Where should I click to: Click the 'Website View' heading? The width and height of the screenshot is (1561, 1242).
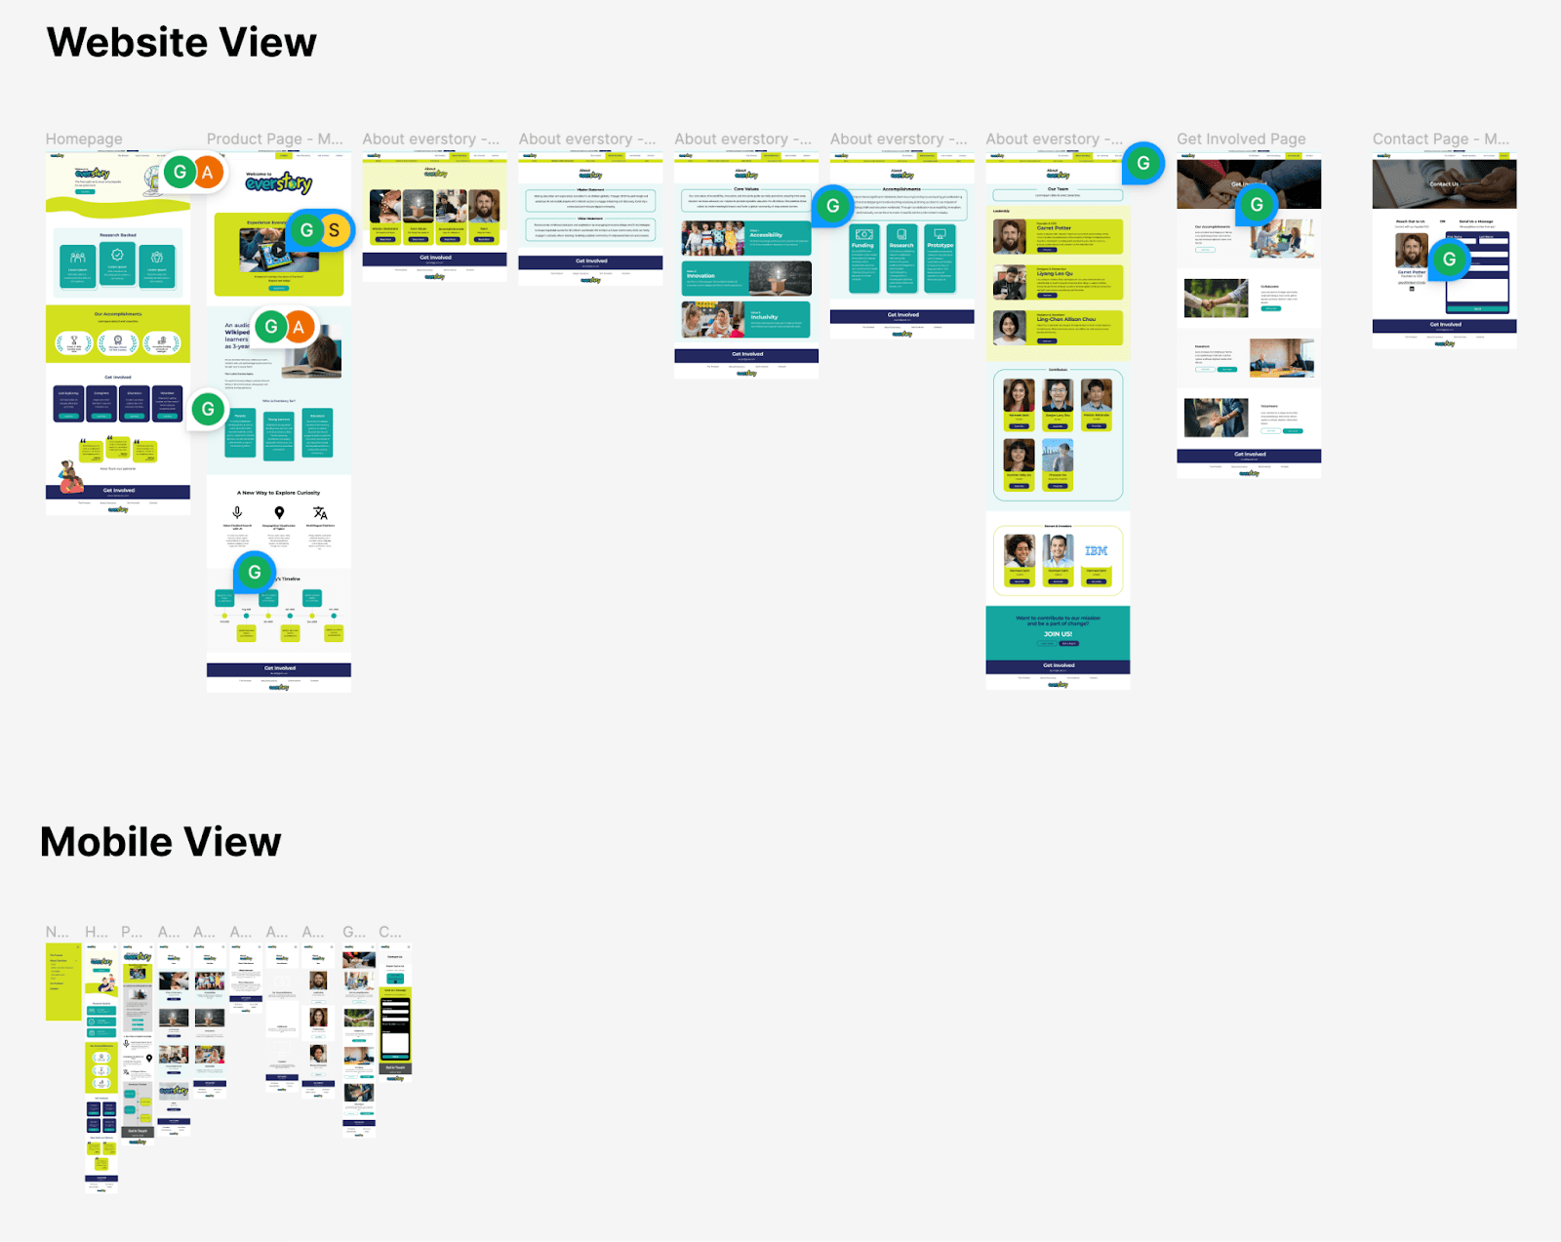pyautogui.click(x=181, y=43)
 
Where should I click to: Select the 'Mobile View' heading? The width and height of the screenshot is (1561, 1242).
pyautogui.click(x=161, y=842)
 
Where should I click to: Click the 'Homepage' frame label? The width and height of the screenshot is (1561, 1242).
pyautogui.click(x=84, y=139)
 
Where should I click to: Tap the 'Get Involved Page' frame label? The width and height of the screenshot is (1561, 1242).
pyautogui.click(x=1241, y=139)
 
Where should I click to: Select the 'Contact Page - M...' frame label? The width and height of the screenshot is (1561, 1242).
pyautogui.click(x=1440, y=139)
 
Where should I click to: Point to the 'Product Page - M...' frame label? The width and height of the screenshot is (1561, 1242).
pyautogui.click(x=274, y=139)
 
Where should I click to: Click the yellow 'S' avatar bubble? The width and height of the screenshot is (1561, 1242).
pyautogui.click(x=334, y=230)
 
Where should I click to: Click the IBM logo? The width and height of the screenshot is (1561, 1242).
pyautogui.click(x=1096, y=551)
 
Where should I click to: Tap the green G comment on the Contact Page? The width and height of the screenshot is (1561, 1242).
pyautogui.click(x=1450, y=260)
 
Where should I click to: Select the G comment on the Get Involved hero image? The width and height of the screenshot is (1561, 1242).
pyautogui.click(x=1257, y=205)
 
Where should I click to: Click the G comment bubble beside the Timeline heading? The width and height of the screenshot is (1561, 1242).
pyautogui.click(x=255, y=573)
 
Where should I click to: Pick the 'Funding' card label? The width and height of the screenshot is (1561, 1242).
pyautogui.click(x=862, y=246)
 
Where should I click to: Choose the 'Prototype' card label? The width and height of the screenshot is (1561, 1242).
pyautogui.click(x=940, y=246)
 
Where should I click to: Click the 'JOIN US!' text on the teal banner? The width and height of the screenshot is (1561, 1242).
pyautogui.click(x=1058, y=634)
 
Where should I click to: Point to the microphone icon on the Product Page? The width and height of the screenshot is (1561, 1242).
pyautogui.click(x=237, y=512)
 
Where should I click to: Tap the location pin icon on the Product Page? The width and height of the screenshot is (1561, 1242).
pyautogui.click(x=279, y=512)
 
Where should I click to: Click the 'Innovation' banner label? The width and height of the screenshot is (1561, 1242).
pyautogui.click(x=700, y=276)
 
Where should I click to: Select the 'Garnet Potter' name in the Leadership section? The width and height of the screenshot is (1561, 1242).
pyautogui.click(x=1054, y=228)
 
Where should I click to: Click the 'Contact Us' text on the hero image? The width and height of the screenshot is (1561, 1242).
pyautogui.click(x=1444, y=184)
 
